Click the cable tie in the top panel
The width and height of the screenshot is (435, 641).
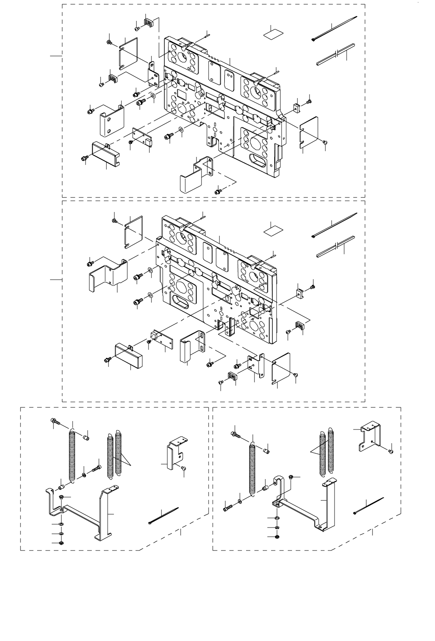coord(334,28)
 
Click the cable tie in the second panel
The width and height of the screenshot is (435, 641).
coord(334,225)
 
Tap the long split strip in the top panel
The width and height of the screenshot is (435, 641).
coord(335,54)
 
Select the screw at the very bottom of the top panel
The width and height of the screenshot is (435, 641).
coord(217,191)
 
